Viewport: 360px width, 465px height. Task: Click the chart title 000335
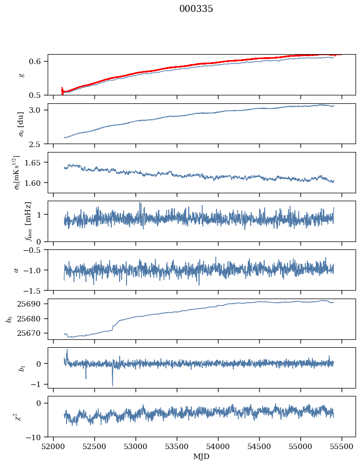tap(196, 9)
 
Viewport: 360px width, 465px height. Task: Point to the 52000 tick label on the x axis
tap(54, 447)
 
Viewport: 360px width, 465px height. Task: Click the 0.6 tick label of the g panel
tap(40, 61)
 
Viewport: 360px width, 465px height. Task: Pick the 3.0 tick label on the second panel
tap(40, 110)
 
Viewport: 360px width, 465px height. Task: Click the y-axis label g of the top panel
tap(21, 75)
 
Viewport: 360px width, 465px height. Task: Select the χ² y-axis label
tap(18, 417)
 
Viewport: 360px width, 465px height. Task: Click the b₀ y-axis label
tap(8, 319)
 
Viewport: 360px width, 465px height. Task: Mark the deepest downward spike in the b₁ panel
tap(112, 386)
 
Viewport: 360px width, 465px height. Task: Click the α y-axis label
tap(16, 270)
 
